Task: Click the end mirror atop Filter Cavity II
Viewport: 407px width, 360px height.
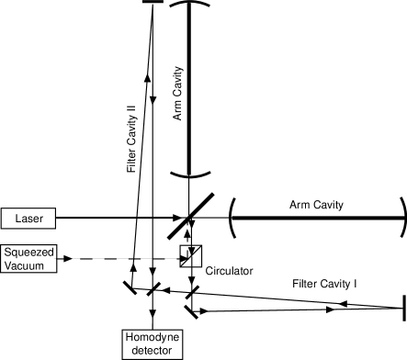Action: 153,2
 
